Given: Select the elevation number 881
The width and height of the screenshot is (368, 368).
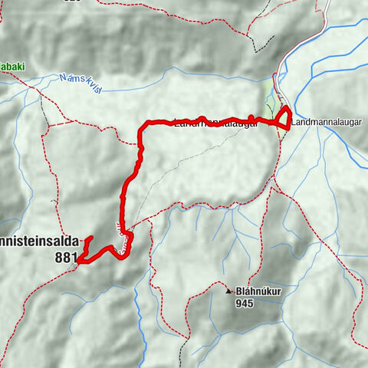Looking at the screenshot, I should (x=65, y=258).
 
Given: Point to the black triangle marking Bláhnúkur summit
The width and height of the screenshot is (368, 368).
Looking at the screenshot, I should (x=228, y=292).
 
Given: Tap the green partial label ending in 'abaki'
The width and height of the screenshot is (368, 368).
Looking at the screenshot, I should (x=11, y=67).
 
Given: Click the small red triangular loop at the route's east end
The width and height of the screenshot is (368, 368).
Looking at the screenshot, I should (x=284, y=119).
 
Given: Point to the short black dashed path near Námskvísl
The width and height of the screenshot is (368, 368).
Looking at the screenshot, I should (x=44, y=110).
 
